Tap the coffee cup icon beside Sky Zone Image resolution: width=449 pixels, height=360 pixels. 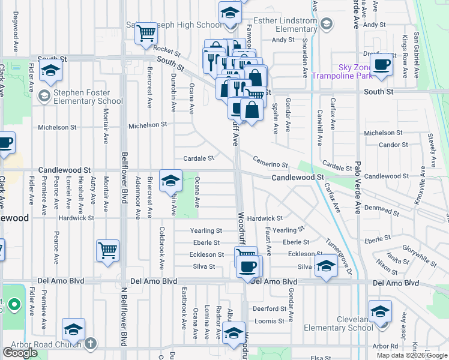coord(381,65)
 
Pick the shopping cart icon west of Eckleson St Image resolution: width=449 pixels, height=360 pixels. coord(107,251)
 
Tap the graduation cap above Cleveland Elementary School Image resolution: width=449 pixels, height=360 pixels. coord(379,311)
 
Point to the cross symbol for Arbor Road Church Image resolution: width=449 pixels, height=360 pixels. coord(90,344)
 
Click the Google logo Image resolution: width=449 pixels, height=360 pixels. coord(20,353)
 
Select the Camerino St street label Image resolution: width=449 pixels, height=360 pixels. coord(270,162)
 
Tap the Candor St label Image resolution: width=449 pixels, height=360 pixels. coord(393,145)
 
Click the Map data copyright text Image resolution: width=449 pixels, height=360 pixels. coord(412,355)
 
